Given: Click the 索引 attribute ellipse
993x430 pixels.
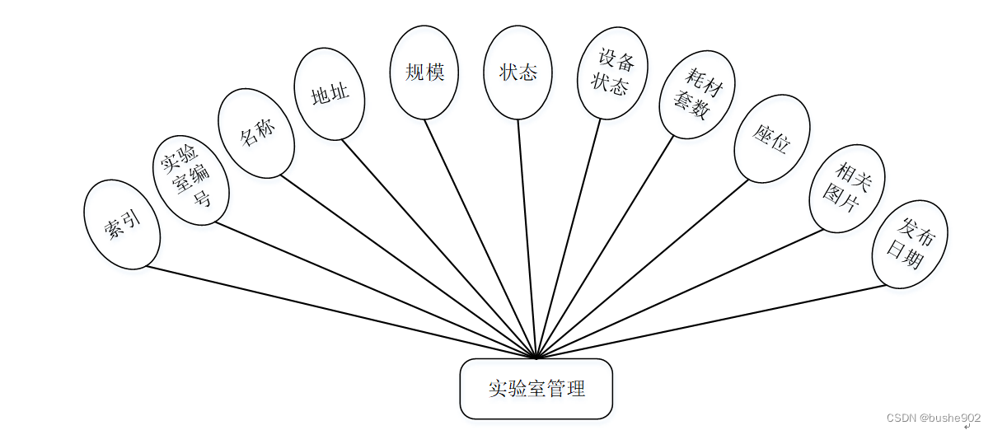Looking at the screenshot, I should point(122,224).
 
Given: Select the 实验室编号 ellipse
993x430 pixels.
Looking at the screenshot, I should point(191,180).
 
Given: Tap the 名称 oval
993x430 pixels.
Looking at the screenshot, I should point(255,133).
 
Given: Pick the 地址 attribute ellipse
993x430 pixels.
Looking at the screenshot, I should point(329,93).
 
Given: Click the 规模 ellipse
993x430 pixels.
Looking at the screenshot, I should point(424,72).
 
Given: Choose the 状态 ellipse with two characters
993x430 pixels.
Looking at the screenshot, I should point(518,72).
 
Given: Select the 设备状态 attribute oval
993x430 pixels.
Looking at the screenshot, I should point(612,72).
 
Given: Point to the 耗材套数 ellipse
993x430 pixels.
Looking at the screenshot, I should point(697,94).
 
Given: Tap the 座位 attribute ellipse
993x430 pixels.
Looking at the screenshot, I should point(771,138).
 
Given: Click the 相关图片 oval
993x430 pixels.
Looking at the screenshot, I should point(846,187).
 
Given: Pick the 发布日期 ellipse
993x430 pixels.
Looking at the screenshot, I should point(909,244).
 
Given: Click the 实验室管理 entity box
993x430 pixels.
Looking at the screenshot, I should point(536,389).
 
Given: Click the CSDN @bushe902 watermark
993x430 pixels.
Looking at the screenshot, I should point(933,418).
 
